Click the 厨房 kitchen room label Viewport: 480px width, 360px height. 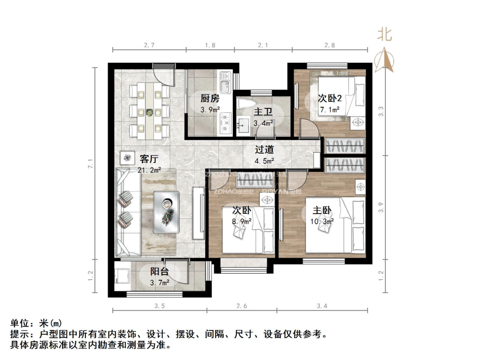(x=210, y=98)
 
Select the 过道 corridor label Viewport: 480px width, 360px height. (x=264, y=150)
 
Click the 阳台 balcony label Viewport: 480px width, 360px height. (x=159, y=272)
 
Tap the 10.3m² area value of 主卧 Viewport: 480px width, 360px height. (x=322, y=221)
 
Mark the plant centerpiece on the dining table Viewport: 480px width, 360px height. (x=150, y=112)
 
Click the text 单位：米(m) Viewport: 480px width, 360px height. (x=36, y=324)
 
